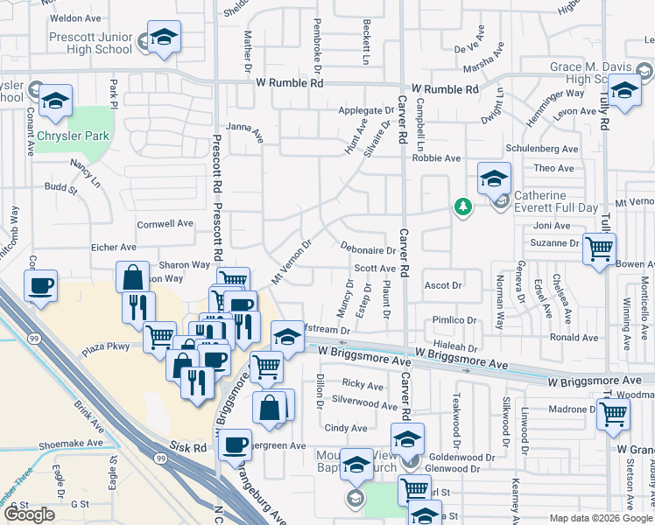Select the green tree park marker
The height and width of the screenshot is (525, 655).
pos(462,206)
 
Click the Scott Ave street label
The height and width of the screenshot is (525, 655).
pos(375,269)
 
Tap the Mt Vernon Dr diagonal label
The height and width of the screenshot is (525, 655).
pos(292,262)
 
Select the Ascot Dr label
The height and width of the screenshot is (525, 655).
pos(442,285)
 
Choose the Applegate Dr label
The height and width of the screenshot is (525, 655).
pos(366,111)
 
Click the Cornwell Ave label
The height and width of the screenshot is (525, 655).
pos(164,223)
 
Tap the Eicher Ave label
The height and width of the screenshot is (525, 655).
pos(114,248)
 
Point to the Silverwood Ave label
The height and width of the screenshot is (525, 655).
pos(364,405)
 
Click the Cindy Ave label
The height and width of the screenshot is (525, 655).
pos(346,428)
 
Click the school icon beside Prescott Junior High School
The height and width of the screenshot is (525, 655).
pos(163,38)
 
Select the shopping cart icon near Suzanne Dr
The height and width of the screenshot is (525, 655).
pos(599,250)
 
